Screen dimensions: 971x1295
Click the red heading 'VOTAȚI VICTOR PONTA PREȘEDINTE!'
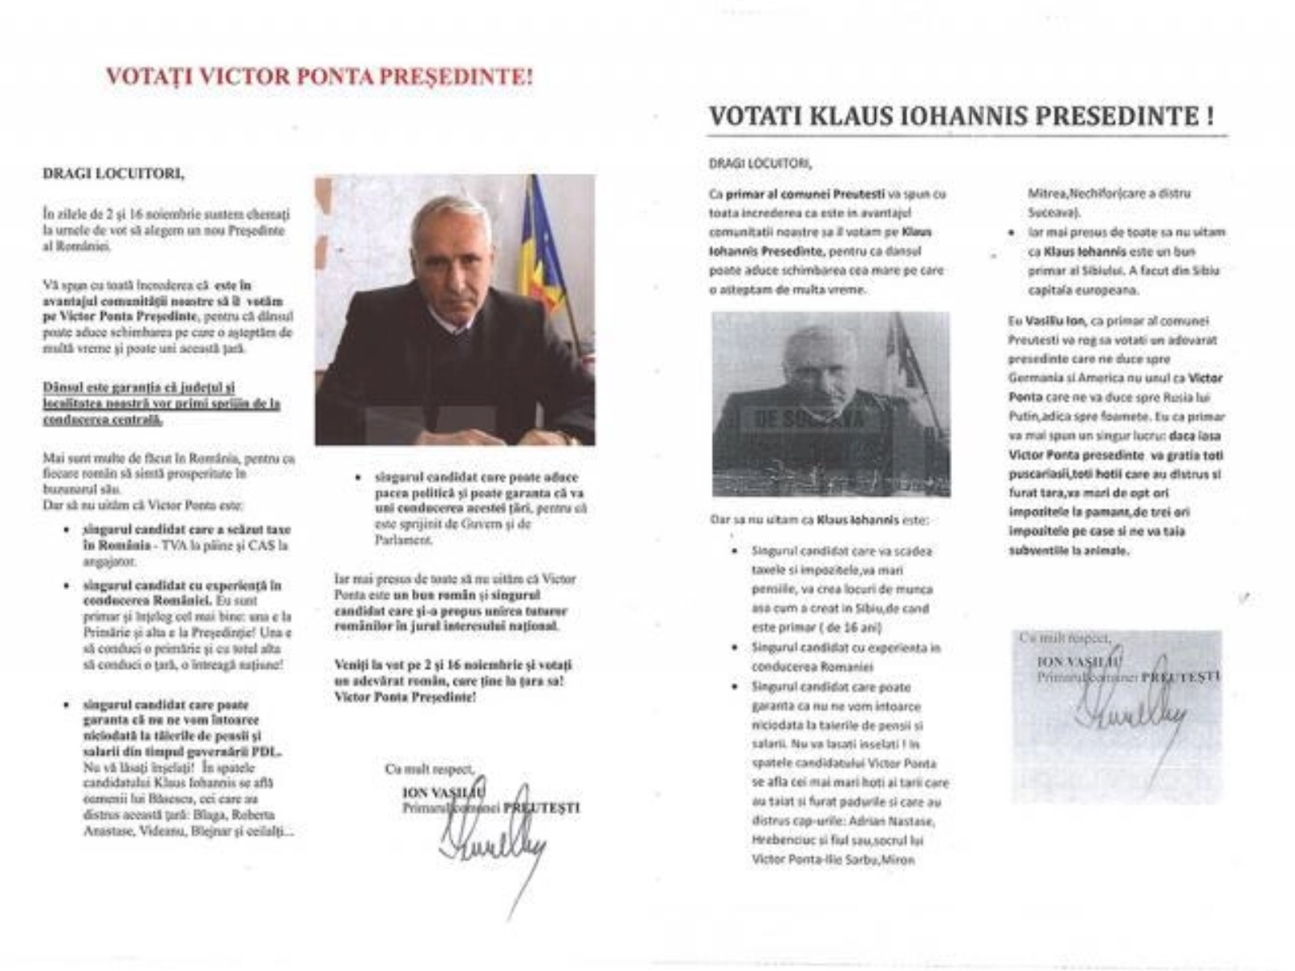tap(320, 77)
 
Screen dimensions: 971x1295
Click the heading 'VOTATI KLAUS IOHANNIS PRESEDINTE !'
tap(962, 117)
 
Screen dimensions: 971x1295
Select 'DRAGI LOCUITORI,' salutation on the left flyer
tap(113, 172)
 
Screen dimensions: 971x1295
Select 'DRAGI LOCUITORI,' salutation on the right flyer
tap(760, 163)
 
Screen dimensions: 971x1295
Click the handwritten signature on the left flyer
tap(491, 850)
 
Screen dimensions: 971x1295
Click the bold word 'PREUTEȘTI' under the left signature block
tap(541, 808)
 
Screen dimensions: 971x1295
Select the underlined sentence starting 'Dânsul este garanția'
tap(162, 403)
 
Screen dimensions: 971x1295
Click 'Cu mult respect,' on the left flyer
tap(430, 770)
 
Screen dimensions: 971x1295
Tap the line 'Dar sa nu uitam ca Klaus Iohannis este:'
tap(819, 520)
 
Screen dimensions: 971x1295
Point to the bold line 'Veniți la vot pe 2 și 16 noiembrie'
tap(453, 665)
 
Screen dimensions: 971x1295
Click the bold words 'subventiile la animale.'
tap(1068, 551)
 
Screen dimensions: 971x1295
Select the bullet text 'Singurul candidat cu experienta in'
tap(846, 648)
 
